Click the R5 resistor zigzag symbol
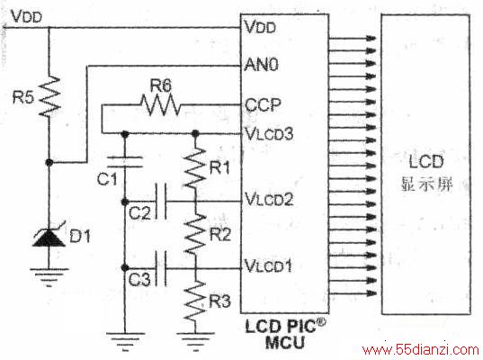(49, 96)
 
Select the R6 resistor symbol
(160, 105)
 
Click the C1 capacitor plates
(125, 162)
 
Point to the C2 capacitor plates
(161, 202)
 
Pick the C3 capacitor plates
(161, 268)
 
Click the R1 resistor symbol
(194, 167)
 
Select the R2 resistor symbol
(194, 234)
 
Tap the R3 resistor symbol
(194, 301)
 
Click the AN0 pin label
(261, 65)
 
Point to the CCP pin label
(263, 104)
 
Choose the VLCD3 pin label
(269, 134)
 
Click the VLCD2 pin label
(269, 199)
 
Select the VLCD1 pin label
(268, 265)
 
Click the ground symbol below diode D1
(49, 277)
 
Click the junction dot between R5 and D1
(49, 162)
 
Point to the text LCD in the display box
(426, 161)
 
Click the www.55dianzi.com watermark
(421, 350)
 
